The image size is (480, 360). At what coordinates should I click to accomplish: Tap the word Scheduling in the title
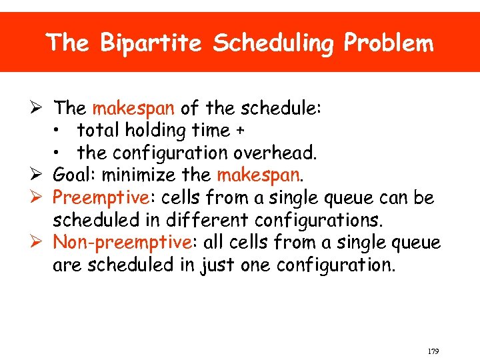coord(275,44)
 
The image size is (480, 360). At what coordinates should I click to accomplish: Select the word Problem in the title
coord(389,44)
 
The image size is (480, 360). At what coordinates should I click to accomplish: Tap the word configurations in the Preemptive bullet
coord(319,221)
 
